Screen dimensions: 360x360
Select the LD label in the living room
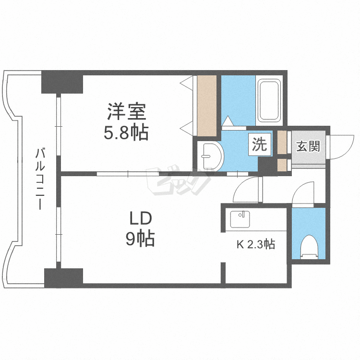click(x=140, y=218)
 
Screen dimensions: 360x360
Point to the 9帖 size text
click(x=140, y=238)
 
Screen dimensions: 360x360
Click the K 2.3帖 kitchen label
click(x=256, y=244)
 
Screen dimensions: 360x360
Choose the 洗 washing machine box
click(x=260, y=144)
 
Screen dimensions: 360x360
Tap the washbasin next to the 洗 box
click(x=210, y=156)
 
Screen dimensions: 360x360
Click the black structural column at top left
click(x=62, y=82)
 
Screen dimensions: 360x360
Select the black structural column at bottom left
click(x=64, y=277)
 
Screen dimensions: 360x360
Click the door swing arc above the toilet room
click(x=303, y=195)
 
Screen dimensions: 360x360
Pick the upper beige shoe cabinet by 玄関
click(x=282, y=142)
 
